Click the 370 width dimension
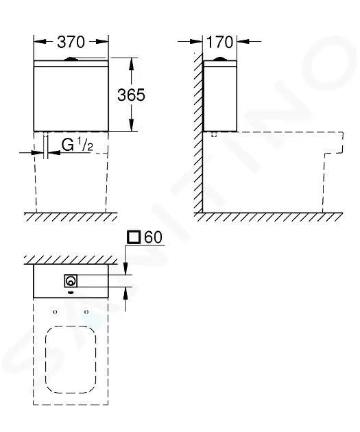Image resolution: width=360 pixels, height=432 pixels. click(71, 42)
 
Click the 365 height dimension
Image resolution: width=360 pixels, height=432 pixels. click(131, 95)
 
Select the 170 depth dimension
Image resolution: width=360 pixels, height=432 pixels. click(219, 42)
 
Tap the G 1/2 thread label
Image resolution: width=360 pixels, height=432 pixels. click(77, 145)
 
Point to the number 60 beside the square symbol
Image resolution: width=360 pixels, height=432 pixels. click(153, 237)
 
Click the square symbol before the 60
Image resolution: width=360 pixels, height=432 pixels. click(134, 237)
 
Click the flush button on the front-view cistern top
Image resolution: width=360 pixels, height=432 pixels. click(71, 59)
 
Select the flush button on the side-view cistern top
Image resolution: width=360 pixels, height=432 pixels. click(219, 59)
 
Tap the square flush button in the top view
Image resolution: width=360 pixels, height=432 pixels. click(71, 281)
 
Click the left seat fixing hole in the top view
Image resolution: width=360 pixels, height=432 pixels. click(55, 312)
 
